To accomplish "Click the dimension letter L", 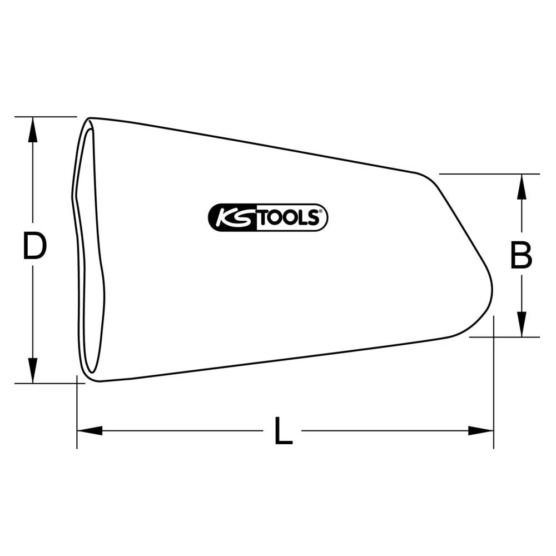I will coord(284,431).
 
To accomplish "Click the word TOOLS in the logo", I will coord(286,217).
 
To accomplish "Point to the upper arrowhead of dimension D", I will coord(33,129).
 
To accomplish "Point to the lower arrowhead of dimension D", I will coord(33,371).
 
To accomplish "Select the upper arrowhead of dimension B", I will coord(521,186).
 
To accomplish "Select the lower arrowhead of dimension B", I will coord(521,325).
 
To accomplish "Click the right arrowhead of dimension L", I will coord(481,430).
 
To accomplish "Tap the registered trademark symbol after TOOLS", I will coord(321,212).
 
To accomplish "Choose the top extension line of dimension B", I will coord(489,174).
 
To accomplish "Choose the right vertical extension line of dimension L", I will coord(494,389).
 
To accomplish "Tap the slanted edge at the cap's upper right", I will coord(461,222).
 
